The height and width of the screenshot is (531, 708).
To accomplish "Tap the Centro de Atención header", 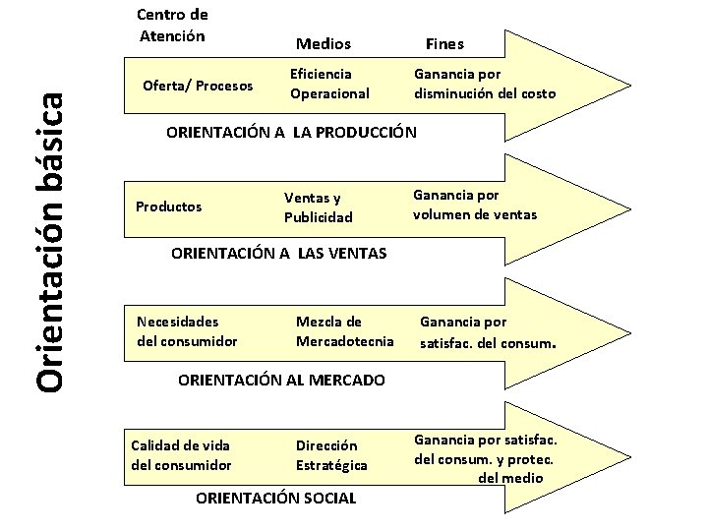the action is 172,26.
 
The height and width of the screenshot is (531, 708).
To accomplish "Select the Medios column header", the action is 324,44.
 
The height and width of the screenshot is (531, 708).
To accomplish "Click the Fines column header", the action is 444,44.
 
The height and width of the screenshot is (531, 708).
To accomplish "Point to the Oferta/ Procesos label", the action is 198,85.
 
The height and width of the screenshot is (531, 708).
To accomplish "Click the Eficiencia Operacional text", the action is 329,84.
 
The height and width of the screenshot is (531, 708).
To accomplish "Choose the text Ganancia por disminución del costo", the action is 484,84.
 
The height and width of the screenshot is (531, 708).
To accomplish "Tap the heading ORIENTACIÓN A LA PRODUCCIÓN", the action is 292,132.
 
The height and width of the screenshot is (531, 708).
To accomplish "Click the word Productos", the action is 168,206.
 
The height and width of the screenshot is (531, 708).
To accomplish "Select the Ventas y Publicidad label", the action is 318,206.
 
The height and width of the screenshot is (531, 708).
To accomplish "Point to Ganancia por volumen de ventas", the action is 475,204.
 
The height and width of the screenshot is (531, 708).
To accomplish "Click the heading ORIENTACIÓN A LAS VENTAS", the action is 279,254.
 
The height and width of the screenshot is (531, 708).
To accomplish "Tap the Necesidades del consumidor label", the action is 187,330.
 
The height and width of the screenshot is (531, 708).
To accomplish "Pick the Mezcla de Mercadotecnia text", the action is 344,330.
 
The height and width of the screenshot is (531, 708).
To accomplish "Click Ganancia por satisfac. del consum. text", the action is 489,331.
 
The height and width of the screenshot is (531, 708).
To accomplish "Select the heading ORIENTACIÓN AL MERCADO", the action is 280,380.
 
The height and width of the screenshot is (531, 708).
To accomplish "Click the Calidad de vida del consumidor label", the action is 181,454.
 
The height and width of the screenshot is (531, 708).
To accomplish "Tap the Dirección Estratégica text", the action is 331,454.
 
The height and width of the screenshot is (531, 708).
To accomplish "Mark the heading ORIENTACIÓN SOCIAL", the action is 276,499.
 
